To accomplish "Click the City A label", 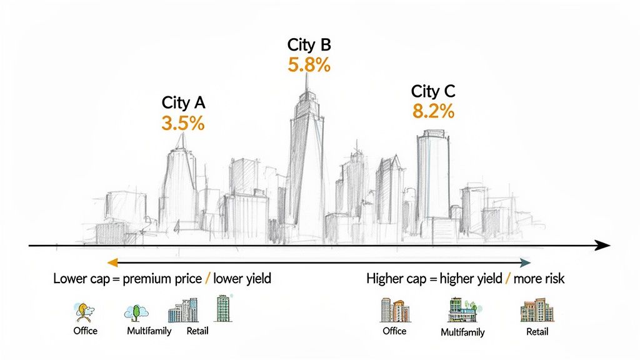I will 183,102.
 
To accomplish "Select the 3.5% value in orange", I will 183,123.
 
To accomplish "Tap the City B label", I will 309,45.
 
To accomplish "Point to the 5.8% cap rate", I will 309,65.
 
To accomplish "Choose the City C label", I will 433,91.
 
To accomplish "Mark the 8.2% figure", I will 433,112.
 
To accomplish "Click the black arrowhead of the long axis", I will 603,246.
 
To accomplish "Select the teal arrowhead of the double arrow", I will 526,262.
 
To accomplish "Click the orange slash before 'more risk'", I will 508,279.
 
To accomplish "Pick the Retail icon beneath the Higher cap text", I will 536,311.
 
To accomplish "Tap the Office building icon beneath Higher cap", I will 394,310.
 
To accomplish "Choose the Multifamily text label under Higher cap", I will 462,332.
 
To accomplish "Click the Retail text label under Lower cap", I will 197,331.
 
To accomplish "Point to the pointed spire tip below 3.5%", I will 181,137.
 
